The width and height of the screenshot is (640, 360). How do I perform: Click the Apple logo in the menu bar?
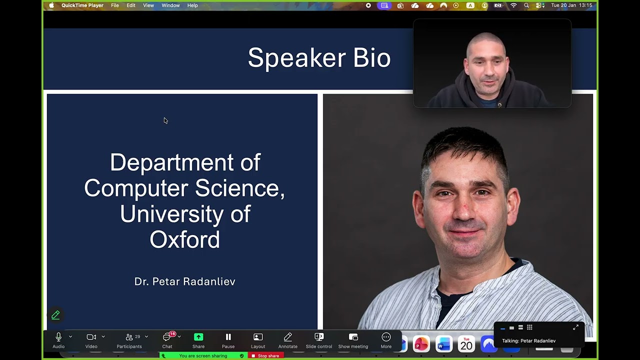(51, 5)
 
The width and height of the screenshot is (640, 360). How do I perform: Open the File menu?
(114, 5)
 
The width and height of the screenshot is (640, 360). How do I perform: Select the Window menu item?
(170, 5)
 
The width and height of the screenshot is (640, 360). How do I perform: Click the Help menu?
(192, 5)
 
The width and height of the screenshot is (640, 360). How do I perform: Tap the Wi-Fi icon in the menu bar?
(513, 5)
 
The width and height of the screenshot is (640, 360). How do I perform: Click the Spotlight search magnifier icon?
(526, 5)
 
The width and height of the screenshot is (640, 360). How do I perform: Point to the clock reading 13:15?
(585, 5)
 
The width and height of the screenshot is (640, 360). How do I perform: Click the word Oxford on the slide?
(184, 240)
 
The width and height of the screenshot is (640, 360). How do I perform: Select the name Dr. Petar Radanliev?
(184, 281)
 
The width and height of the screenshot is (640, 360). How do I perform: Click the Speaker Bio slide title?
(319, 57)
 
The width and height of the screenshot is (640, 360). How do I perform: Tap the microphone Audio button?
(58, 340)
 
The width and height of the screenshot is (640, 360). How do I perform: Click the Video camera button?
(91, 340)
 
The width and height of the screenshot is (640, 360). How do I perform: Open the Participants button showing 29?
(129, 340)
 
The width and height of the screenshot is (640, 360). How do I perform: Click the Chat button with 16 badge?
(167, 340)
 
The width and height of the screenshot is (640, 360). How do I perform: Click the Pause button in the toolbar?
(228, 340)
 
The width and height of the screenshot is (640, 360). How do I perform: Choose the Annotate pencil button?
(287, 340)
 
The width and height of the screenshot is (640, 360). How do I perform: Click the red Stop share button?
(266, 356)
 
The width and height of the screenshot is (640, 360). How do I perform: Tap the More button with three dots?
(386, 340)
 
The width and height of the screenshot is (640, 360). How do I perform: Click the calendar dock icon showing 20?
(466, 344)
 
